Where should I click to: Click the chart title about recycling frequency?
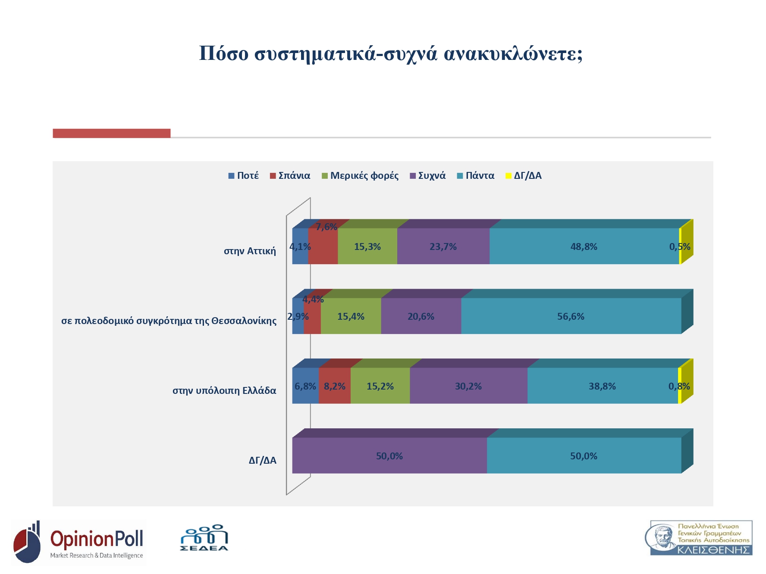pos(391,54)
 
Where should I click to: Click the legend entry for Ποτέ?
pos(244,176)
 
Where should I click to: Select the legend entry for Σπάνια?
pos(290,176)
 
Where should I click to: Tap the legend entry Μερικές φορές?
pos(360,176)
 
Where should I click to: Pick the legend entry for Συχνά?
pos(427,176)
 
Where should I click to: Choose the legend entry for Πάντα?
pos(475,176)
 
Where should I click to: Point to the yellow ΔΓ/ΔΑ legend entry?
pos(524,176)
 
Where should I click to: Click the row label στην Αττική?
pos(250,251)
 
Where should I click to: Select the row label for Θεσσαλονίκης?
pos(169,321)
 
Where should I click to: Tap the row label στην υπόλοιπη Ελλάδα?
pos(224,390)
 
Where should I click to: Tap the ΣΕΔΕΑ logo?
pos(204,538)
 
